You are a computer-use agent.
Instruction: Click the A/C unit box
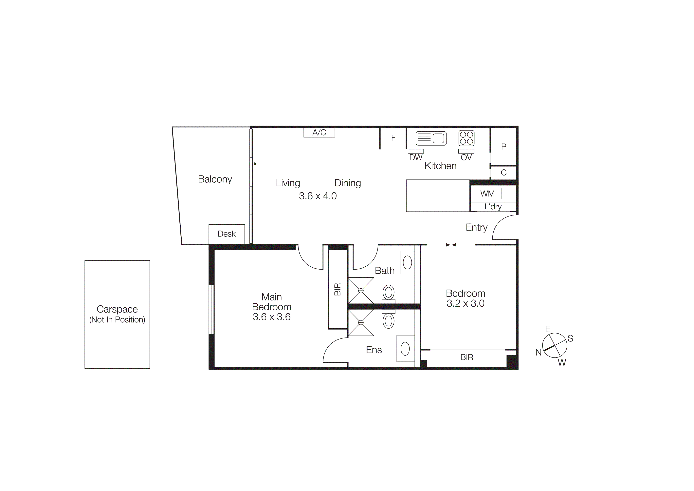[319, 133]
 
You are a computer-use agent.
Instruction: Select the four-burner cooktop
[466, 138]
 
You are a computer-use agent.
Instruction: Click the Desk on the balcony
[227, 234]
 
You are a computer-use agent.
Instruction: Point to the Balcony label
[215, 179]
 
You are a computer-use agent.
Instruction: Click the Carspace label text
[117, 309]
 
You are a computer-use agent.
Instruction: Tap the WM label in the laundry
[487, 194]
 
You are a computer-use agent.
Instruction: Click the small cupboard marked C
[503, 173]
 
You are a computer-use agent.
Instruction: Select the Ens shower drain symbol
[361, 322]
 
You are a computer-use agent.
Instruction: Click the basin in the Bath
[408, 263]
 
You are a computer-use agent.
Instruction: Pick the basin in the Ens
[405, 349]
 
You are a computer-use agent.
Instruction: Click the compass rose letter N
[538, 352]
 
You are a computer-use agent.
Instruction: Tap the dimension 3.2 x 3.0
[466, 303]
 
